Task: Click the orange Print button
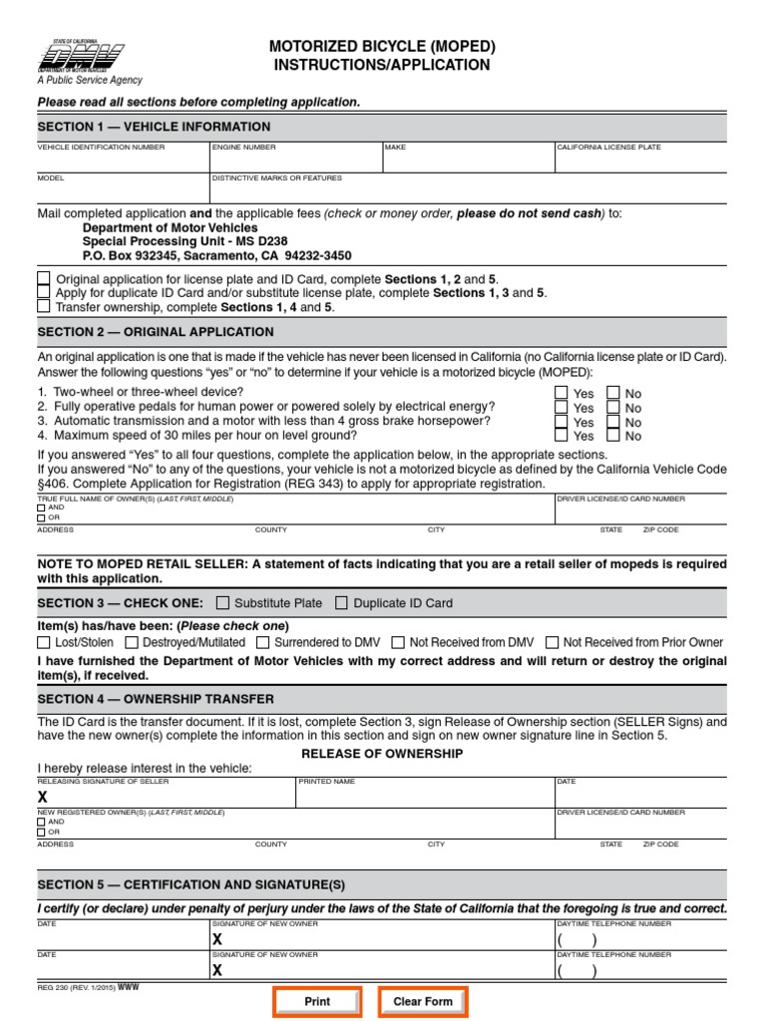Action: click(317, 1001)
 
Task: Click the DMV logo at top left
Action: click(89, 58)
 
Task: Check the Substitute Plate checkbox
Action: click(222, 602)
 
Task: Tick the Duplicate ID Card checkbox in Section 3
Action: click(342, 602)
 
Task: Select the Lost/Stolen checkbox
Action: click(44, 642)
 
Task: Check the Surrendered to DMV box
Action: click(262, 642)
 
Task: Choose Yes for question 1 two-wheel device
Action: click(562, 393)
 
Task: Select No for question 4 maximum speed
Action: click(613, 436)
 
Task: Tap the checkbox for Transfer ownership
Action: click(44, 307)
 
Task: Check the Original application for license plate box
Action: click(44, 279)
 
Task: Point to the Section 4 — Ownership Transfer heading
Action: click(156, 699)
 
